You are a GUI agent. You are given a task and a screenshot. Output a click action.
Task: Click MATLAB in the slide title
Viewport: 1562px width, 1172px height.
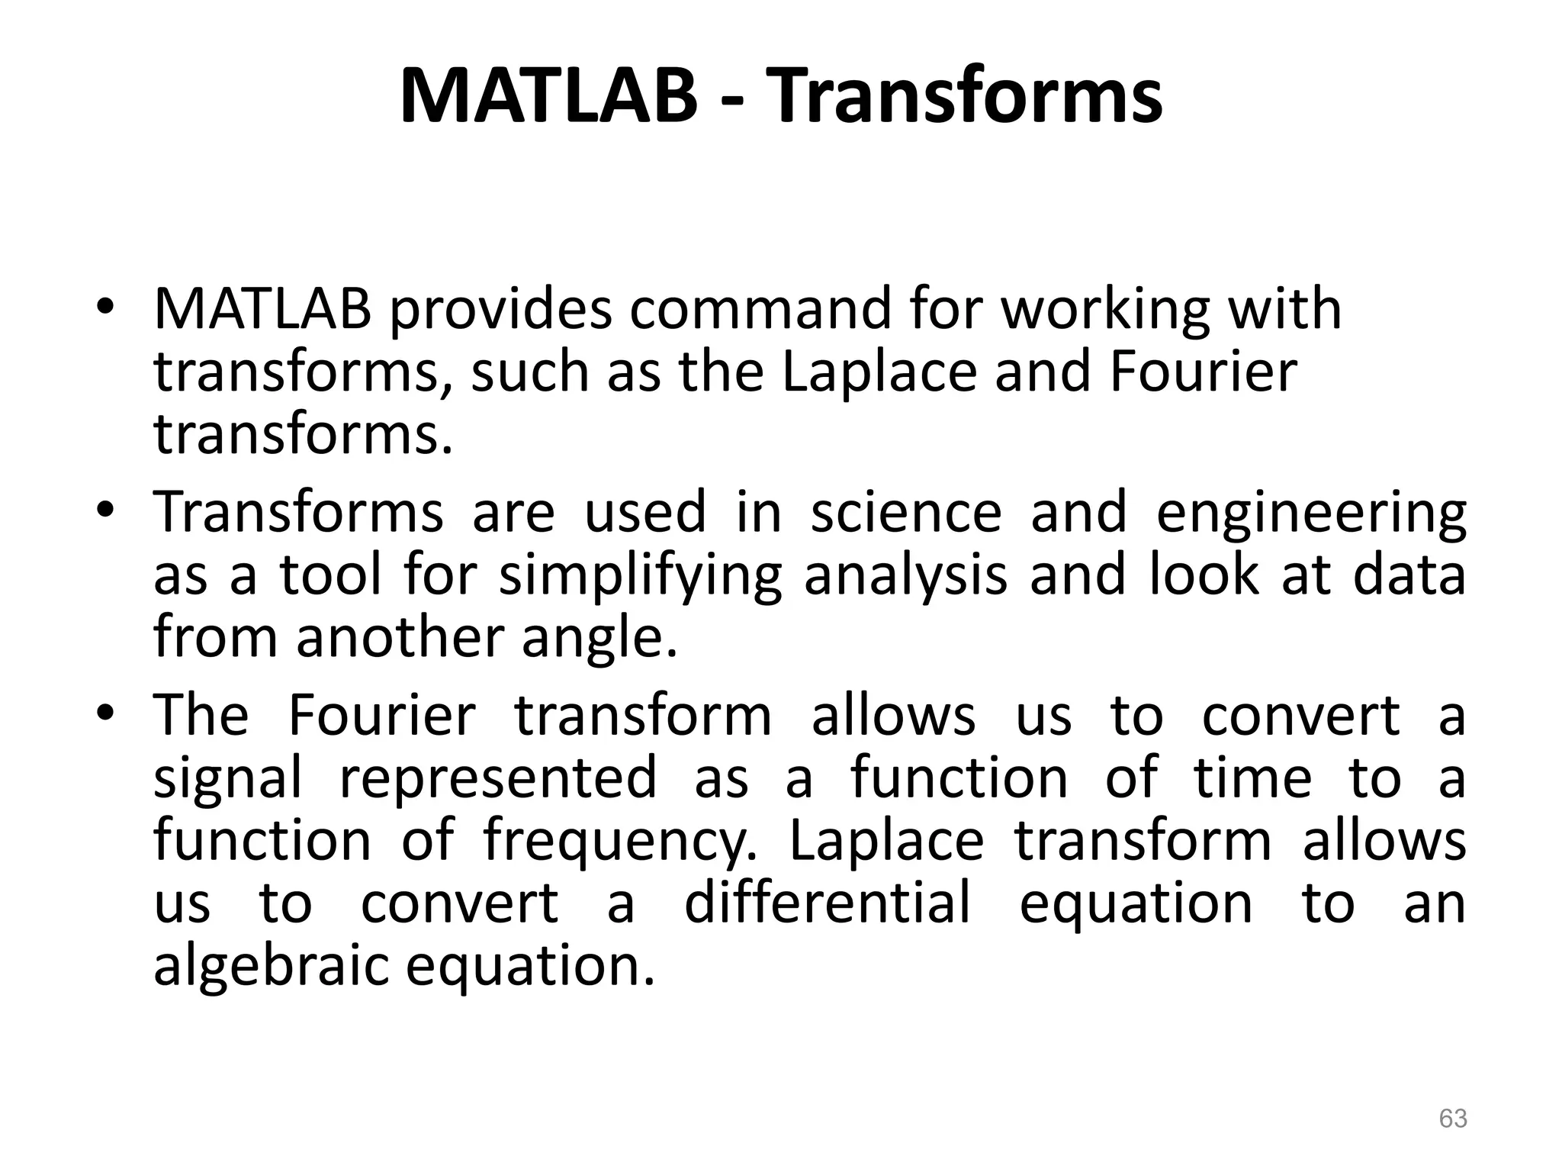tap(548, 98)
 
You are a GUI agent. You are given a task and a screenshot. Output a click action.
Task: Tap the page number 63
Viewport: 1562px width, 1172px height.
tap(1452, 1119)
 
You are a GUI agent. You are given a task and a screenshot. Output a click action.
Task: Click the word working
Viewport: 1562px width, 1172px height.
tap(1105, 311)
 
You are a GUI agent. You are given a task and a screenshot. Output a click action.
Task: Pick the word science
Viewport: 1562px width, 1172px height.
tap(906, 512)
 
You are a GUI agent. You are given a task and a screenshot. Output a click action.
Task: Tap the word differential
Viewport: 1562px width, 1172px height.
tap(828, 903)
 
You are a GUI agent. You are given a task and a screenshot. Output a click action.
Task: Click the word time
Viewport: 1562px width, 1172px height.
tap(1253, 778)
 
